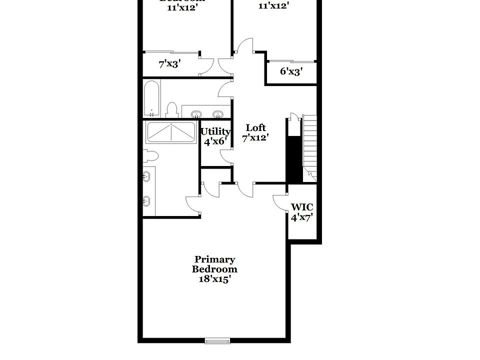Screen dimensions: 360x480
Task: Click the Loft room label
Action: pyautogui.click(x=255, y=128)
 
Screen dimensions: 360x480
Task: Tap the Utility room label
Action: pyautogui.click(x=215, y=132)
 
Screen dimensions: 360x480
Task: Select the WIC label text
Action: pyautogui.click(x=302, y=207)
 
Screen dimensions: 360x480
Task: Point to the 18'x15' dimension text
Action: pyautogui.click(x=214, y=279)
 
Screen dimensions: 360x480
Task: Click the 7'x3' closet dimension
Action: pyautogui.click(x=169, y=64)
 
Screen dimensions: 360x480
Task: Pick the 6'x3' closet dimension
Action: pyautogui.click(x=290, y=71)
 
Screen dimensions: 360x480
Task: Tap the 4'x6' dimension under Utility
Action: pyautogui.click(x=215, y=141)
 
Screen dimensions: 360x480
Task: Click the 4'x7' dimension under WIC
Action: pyautogui.click(x=302, y=217)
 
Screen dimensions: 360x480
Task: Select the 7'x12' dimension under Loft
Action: pyautogui.click(x=255, y=138)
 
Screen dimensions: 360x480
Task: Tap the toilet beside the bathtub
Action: pyautogui.click(x=172, y=110)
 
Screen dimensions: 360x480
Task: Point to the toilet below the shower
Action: pyautogui.click(x=150, y=156)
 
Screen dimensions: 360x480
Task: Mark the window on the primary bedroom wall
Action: pyautogui.click(x=217, y=341)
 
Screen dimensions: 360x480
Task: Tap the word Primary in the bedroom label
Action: pyautogui.click(x=214, y=259)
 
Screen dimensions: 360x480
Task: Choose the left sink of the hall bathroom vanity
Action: pyautogui.click(x=196, y=113)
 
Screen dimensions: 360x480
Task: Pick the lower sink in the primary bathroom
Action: pyautogui.click(x=146, y=201)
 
